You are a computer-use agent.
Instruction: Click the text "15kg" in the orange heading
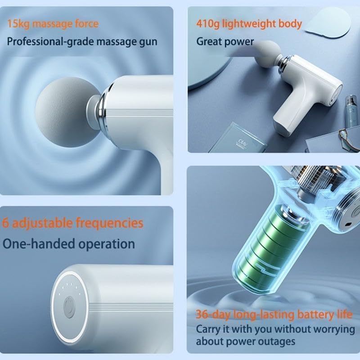(17, 24)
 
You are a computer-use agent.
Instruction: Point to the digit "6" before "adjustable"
(5, 223)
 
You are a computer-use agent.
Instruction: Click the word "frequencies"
(110, 223)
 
